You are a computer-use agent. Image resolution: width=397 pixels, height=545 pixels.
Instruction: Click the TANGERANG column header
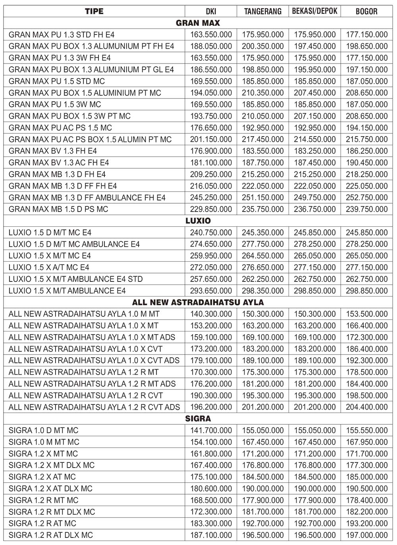pyautogui.click(x=262, y=11)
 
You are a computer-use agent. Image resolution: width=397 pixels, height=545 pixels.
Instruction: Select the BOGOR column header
pyautogui.click(x=366, y=11)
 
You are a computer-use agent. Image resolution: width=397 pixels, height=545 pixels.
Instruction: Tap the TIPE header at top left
pyautogui.click(x=94, y=11)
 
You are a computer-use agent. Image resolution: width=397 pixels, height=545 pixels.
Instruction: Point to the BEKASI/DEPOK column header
pyautogui.click(x=314, y=11)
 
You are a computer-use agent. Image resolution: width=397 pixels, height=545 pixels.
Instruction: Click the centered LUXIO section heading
pyautogui.click(x=198, y=221)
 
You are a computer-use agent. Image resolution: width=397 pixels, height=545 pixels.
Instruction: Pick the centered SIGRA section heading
pyautogui.click(x=198, y=418)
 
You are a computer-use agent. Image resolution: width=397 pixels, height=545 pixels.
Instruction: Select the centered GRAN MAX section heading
pyautogui.click(x=198, y=23)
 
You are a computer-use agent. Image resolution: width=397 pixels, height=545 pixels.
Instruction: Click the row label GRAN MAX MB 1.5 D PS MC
pyautogui.click(x=58, y=209)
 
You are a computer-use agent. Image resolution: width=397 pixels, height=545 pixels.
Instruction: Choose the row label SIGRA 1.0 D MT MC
pyautogui.click(x=44, y=430)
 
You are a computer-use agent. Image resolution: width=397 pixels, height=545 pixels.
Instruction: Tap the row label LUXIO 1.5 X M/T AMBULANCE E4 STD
pyautogui.click(x=75, y=279)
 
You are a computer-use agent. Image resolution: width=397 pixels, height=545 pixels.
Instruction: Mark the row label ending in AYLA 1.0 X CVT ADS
pyautogui.click(x=94, y=360)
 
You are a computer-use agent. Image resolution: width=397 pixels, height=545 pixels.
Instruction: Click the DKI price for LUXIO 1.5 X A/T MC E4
pyautogui.click(x=211, y=267)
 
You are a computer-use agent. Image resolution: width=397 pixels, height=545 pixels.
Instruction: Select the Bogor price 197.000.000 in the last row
pyautogui.click(x=366, y=535)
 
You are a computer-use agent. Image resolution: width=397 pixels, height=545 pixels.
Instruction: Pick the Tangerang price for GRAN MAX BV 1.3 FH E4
pyautogui.click(x=262, y=151)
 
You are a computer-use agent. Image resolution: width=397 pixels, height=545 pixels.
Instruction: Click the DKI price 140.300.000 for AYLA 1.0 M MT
pyautogui.click(x=211, y=314)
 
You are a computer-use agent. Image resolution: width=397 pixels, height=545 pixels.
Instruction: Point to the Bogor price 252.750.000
pyautogui.click(x=366, y=198)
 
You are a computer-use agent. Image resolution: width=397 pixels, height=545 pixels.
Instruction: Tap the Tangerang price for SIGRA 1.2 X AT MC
pyautogui.click(x=262, y=477)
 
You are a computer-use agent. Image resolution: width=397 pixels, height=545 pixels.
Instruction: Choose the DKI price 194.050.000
pyautogui.click(x=211, y=93)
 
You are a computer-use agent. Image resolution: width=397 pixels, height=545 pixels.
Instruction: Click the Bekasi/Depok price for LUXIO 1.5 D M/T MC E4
pyautogui.click(x=314, y=233)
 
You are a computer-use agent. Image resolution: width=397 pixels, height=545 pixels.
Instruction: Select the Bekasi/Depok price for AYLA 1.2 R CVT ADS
pyautogui.click(x=314, y=407)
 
